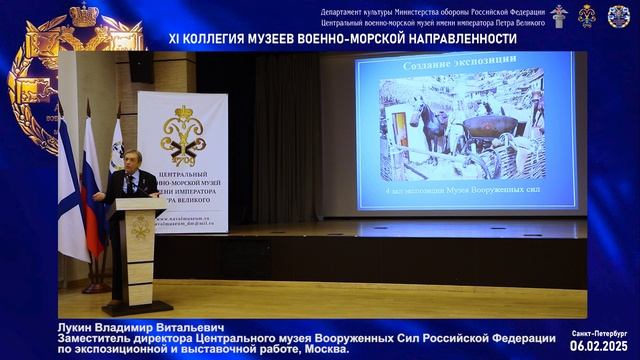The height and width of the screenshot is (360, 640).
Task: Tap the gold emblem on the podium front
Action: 140,229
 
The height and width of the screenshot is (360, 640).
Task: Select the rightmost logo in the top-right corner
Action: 619,16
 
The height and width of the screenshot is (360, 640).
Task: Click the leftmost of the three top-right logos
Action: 558,16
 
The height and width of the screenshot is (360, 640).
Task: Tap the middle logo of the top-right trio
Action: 588,16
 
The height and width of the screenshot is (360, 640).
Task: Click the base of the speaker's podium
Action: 137,308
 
